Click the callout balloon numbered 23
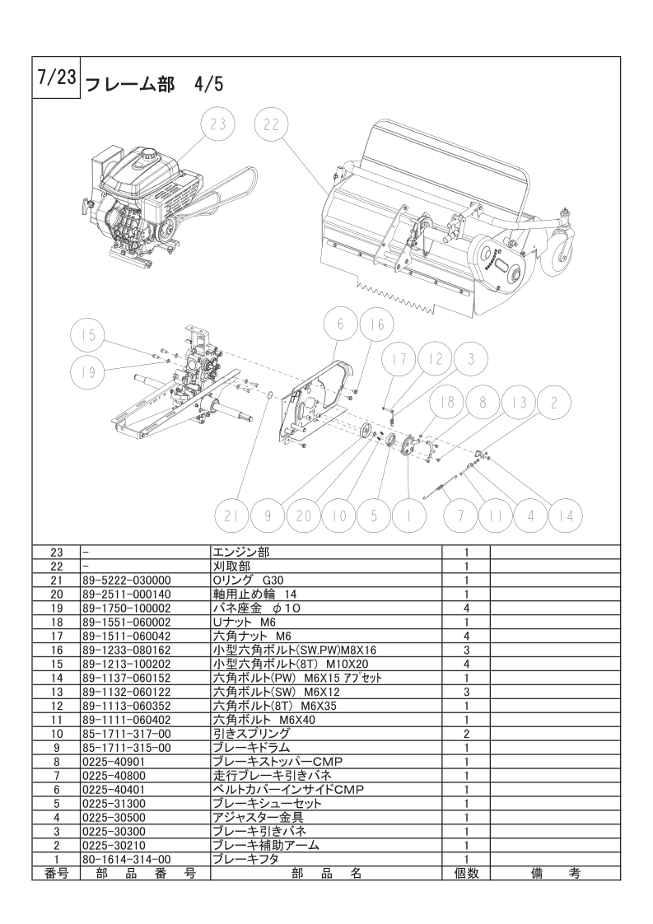tap(218, 125)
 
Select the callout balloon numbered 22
tap(272, 125)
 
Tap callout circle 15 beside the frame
tap(88, 335)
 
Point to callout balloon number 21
tap(231, 516)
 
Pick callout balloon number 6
tap(341, 324)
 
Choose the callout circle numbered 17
tap(399, 359)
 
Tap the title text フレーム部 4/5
tap(155, 85)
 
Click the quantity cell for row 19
tap(465, 609)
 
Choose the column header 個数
tap(465, 873)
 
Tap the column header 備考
tap(555, 873)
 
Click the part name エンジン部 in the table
tap(240, 552)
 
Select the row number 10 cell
tap(57, 735)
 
